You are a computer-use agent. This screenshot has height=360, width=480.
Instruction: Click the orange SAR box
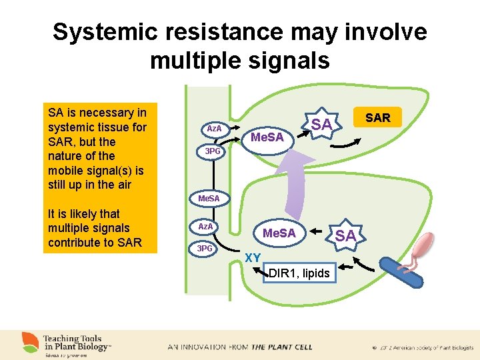tap(378, 118)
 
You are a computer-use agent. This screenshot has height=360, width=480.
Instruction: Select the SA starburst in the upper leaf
tap(321, 124)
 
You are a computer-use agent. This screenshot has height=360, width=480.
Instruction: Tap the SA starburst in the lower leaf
tap(345, 235)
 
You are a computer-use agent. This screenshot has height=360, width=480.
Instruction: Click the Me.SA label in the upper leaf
tap(267, 137)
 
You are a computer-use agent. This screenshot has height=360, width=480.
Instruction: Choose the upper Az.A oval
tap(214, 128)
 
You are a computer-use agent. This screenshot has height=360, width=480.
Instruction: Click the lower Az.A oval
tap(206, 227)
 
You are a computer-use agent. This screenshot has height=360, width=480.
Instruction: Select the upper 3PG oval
tap(212, 151)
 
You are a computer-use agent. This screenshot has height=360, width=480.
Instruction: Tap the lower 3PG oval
tap(205, 249)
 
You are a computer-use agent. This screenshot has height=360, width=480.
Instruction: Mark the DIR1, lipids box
tap(299, 273)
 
